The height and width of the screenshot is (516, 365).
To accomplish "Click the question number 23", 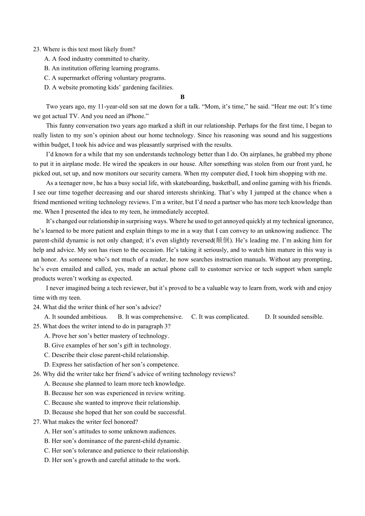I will tap(37, 49).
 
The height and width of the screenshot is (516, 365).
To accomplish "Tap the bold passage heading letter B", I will tap(182, 97).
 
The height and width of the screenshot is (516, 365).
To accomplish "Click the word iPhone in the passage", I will tap(135, 116).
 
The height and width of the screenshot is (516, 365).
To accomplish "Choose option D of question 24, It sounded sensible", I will tap(294, 317).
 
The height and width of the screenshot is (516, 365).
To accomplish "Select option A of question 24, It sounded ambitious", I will tap(76, 317).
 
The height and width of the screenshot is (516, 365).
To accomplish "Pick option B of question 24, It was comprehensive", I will tap(150, 317).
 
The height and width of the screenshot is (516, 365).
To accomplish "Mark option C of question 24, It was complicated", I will tap(220, 317).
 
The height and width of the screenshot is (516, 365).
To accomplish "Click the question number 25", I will tap(37, 326).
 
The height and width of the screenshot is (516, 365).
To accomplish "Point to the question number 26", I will tap(37, 374).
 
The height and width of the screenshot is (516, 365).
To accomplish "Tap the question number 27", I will tap(37, 422).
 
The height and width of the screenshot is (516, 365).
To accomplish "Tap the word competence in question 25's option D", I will tap(162, 365).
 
